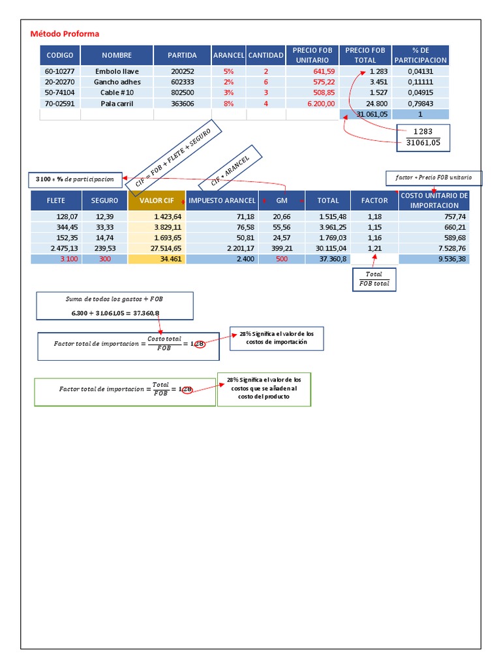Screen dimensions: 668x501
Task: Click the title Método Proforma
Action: click(x=65, y=34)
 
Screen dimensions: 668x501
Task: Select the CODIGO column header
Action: click(x=59, y=55)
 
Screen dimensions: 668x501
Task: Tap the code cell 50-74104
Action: click(x=59, y=93)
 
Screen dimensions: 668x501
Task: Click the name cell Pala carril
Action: click(x=117, y=103)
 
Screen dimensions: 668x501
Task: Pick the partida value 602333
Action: click(x=182, y=82)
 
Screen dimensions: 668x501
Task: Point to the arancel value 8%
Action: click(x=228, y=103)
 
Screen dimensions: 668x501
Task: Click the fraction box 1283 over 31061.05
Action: click(x=423, y=136)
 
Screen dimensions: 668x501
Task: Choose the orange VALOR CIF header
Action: click(x=157, y=200)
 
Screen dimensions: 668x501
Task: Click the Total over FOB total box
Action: click(x=374, y=279)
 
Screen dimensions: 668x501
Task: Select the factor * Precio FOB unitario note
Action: click(x=434, y=177)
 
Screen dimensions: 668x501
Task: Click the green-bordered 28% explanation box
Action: click(x=264, y=389)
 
